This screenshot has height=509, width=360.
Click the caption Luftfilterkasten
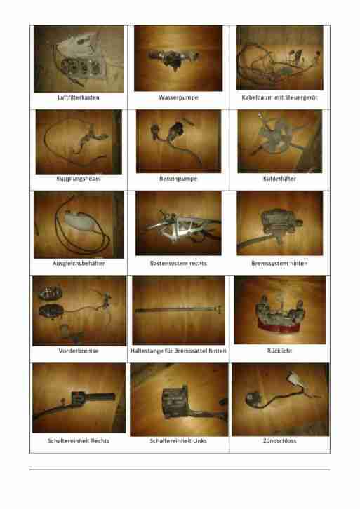pyautogui.click(x=79, y=97)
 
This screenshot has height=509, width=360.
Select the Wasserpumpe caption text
pyautogui.click(x=178, y=97)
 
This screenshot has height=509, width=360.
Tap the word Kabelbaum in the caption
pyautogui.click(x=255, y=97)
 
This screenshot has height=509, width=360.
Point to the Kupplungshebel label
pyautogui.click(x=79, y=179)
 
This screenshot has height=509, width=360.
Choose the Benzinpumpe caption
pyautogui.click(x=178, y=179)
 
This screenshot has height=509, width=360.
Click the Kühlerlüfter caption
pyautogui.click(x=279, y=179)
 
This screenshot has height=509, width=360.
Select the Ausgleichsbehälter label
pyautogui.click(x=79, y=264)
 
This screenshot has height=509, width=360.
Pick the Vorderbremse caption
pyautogui.click(x=79, y=351)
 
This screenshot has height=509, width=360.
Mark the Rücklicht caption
pyautogui.click(x=279, y=351)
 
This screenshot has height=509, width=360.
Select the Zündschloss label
pyautogui.click(x=279, y=441)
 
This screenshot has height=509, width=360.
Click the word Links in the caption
pyautogui.click(x=199, y=441)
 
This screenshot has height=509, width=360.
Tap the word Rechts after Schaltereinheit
pyautogui.click(x=100, y=441)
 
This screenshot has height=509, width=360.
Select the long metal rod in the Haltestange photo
pyautogui.click(x=178, y=311)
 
